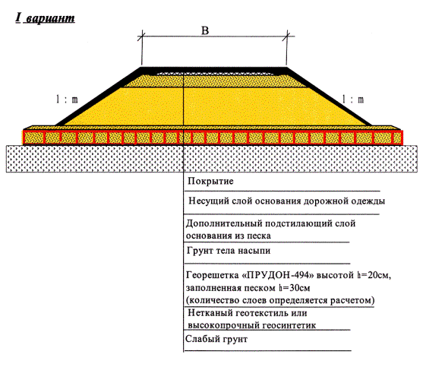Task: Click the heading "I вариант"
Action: [45, 18]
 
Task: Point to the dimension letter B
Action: [205, 30]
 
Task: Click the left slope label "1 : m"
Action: [67, 100]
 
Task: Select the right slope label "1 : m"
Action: [352, 100]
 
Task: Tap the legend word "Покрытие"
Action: [210, 182]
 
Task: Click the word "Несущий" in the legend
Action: [209, 201]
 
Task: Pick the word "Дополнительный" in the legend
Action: [224, 223]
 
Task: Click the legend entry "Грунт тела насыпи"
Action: [229, 251]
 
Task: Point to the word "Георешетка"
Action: [212, 275]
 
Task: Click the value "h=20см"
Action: [374, 275]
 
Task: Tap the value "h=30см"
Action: [294, 288]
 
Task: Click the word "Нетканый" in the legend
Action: [210, 313]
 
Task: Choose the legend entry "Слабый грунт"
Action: [216, 339]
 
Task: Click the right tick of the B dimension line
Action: [286, 36]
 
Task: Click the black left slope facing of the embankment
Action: [99, 96]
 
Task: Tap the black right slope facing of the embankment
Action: [329, 96]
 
